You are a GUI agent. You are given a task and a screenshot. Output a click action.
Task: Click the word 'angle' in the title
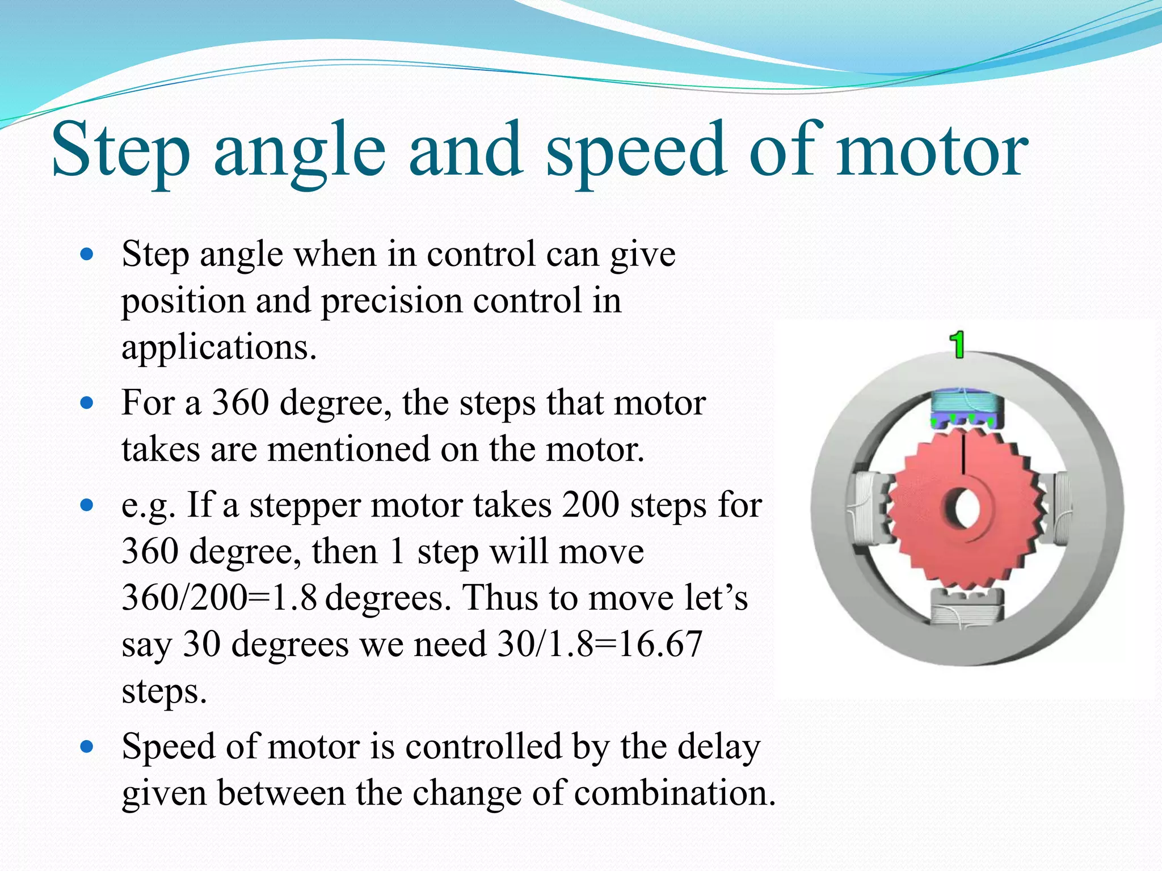(300, 152)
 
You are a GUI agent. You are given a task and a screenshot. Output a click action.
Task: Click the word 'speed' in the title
(635, 152)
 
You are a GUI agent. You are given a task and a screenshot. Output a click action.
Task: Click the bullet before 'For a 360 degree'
(87, 404)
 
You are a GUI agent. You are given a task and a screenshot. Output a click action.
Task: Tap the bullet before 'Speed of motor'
(87, 747)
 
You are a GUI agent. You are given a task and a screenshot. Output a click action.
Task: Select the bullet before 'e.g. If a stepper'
(87, 505)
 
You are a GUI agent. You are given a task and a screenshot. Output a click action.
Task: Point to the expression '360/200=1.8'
(219, 598)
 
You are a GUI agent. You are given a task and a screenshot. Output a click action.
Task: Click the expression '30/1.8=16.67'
(600, 644)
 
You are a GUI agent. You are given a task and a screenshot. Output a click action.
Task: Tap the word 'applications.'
(219, 347)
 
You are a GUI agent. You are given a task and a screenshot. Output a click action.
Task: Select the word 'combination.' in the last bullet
(675, 793)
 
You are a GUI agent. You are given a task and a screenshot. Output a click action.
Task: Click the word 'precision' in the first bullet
(391, 301)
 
